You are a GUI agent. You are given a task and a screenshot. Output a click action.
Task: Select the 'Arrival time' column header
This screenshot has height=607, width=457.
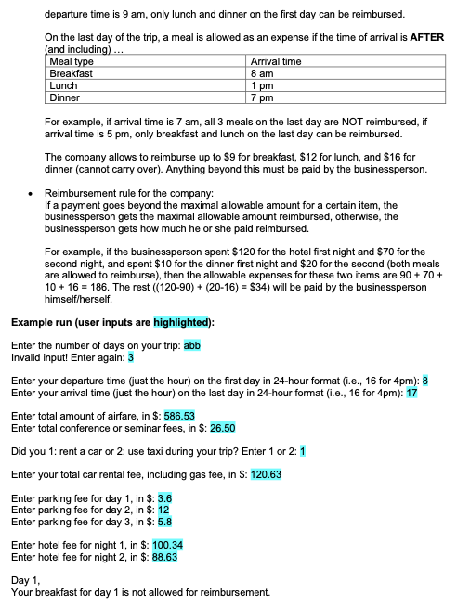[x=276, y=61]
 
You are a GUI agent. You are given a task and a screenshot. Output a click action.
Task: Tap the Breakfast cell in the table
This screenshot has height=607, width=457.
[x=71, y=72]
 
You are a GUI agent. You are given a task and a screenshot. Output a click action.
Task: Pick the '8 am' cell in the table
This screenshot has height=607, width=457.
[x=262, y=72]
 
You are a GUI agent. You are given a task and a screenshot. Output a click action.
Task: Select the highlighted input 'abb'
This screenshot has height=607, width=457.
[x=193, y=345]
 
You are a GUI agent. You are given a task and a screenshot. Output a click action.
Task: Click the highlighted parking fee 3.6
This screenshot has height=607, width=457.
[x=164, y=497]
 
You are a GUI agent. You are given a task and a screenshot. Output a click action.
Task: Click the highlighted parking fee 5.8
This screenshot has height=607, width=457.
[x=164, y=521]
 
